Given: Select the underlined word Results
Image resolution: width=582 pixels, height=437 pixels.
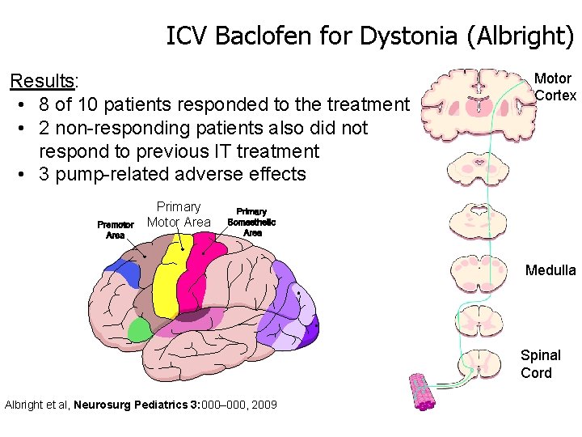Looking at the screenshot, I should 41,81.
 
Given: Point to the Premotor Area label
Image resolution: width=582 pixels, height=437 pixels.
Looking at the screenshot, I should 116,230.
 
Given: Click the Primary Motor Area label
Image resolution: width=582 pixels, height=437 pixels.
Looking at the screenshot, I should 179,214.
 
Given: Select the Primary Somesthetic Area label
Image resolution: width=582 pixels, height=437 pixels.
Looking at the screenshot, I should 252,221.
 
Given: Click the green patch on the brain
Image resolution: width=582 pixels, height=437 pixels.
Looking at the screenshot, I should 140,329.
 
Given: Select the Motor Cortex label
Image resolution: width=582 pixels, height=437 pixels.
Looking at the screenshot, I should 555,87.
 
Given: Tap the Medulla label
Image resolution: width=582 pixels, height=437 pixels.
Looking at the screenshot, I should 550,270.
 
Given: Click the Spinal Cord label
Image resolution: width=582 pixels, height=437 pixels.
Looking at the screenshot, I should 540,364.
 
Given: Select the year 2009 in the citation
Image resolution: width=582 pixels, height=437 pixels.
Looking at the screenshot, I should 264,404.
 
